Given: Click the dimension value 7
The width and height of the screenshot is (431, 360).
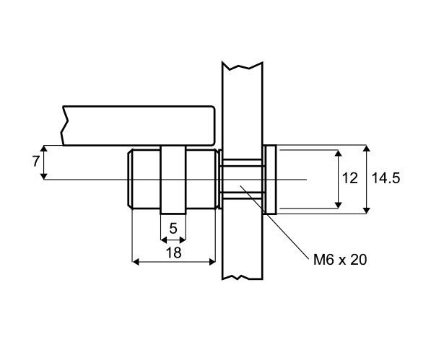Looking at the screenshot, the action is [x=35, y=162].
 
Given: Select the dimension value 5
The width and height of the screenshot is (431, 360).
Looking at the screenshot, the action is [x=173, y=228].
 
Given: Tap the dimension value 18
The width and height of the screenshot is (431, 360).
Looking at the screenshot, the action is [x=174, y=253].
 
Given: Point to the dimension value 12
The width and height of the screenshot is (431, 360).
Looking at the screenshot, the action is [x=350, y=178].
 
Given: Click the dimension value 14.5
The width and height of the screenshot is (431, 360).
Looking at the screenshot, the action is [x=386, y=178].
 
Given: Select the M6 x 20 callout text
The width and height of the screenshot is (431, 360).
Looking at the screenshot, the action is [x=340, y=260].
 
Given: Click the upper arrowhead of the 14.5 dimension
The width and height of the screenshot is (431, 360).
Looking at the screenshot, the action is [x=367, y=149].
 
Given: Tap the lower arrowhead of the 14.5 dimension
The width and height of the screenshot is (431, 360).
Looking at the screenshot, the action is [x=367, y=210].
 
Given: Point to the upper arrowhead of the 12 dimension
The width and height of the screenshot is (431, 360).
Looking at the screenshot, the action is [x=339, y=153].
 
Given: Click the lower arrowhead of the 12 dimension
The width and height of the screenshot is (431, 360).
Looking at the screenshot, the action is [x=339, y=205].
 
